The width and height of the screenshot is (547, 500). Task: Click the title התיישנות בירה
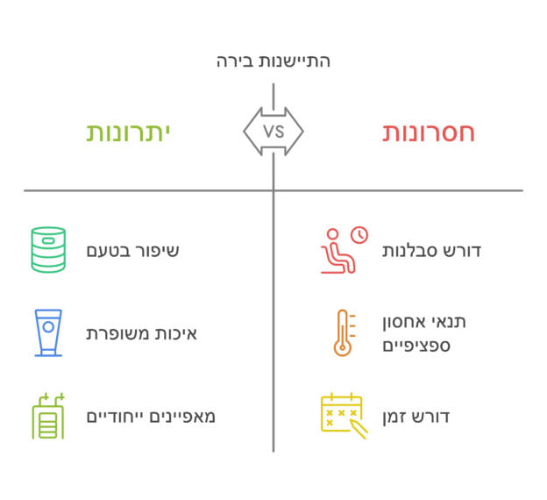pos(273,61)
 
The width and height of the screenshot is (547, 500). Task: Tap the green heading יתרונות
pos(128,132)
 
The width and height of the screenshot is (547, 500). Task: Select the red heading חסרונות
pos(429,132)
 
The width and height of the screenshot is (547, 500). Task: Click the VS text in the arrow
pos(273,132)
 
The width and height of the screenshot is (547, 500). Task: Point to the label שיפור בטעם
pos(132,251)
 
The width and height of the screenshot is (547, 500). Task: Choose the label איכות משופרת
pos(141,334)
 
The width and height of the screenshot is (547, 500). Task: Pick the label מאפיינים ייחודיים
pos(151,417)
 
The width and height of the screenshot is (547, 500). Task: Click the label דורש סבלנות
pos(431,251)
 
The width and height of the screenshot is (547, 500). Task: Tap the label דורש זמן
pos(416,417)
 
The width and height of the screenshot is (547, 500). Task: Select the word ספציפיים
pos(416,346)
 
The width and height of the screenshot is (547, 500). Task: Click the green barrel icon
pos(48,250)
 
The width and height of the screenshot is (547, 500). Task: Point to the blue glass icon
pos(48,332)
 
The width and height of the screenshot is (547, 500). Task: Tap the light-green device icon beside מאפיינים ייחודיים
pos(48,416)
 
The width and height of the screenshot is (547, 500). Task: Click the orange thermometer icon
pos(343,332)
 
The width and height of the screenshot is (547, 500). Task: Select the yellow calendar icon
pos(344,416)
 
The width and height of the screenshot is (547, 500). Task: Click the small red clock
pos(359,234)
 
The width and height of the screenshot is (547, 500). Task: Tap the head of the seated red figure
pos(333,234)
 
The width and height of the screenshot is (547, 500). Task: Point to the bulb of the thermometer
pos(343,347)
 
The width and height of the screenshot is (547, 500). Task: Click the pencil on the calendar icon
pos(359,430)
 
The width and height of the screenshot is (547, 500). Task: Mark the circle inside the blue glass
pos(48,327)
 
